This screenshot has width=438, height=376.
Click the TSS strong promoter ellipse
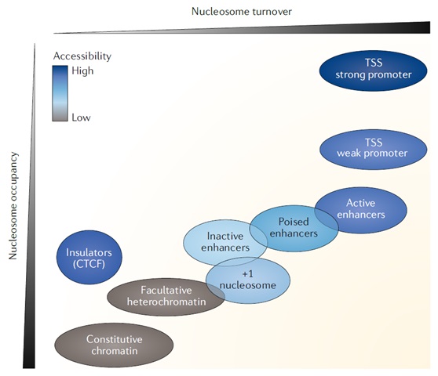373,70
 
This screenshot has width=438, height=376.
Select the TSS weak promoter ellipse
373,150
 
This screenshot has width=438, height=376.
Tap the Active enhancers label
361,209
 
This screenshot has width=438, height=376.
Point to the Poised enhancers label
294,227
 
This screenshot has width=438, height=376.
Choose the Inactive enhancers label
225,242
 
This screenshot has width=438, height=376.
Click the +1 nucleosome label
248,280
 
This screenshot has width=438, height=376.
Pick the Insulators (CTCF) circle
89,257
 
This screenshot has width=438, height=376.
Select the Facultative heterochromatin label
166,296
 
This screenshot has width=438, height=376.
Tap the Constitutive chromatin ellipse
114,345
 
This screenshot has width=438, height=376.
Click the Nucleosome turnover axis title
242,12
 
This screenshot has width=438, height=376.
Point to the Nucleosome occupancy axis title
13,206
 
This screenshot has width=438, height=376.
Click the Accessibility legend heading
82,56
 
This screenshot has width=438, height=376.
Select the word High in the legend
82,70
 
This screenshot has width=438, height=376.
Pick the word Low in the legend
81,117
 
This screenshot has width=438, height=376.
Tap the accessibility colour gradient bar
60,93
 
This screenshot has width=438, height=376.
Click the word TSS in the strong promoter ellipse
374,63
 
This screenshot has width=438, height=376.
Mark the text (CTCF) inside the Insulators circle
89,264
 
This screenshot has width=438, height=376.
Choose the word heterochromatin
166,302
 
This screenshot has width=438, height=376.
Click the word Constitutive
115,339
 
